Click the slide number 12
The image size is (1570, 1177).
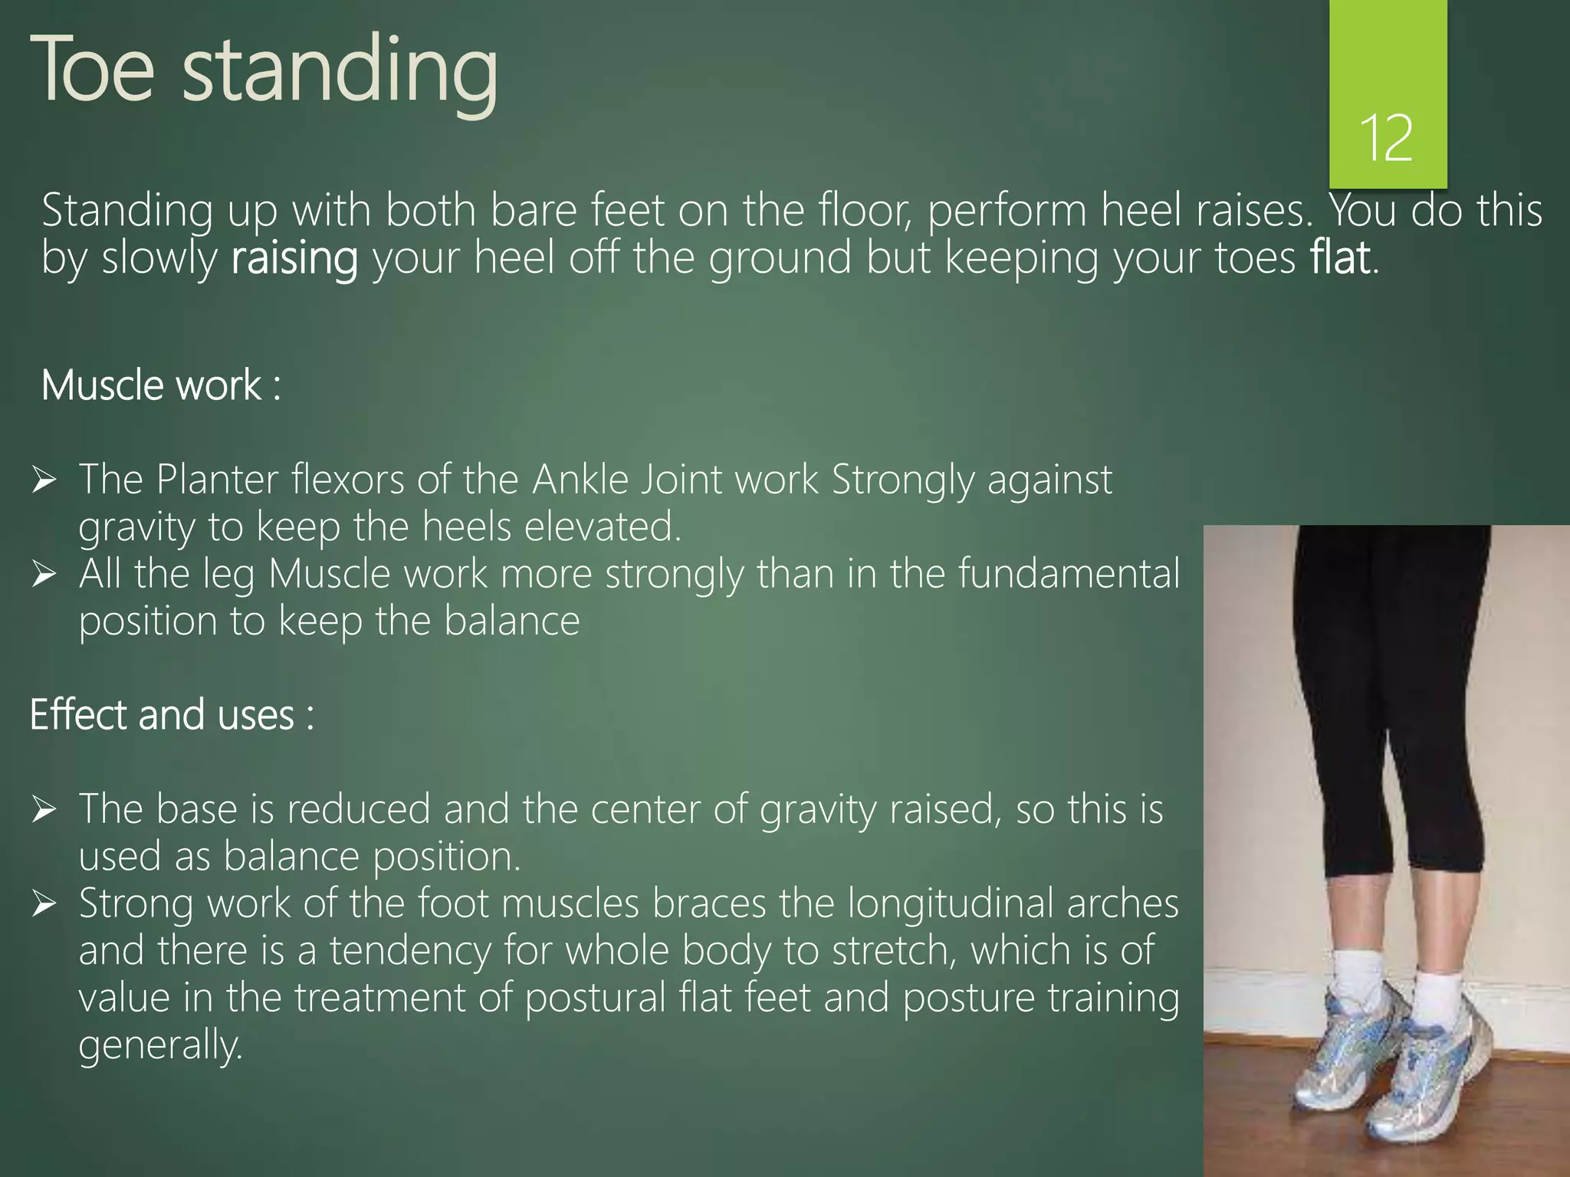pyautogui.click(x=1386, y=138)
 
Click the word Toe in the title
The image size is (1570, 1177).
pyautogui.click(x=93, y=70)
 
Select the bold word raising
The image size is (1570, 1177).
pyautogui.click(x=294, y=259)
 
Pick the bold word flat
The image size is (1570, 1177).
pyautogui.click(x=1340, y=257)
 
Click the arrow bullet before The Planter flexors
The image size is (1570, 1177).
pyautogui.click(x=44, y=480)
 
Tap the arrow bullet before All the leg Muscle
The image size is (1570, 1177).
pyautogui.click(x=44, y=575)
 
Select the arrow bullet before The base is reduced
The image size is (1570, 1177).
pyautogui.click(x=44, y=810)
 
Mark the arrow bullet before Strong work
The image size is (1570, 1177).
pyautogui.click(x=44, y=904)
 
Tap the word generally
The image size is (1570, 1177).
pyautogui.click(x=160, y=1046)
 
